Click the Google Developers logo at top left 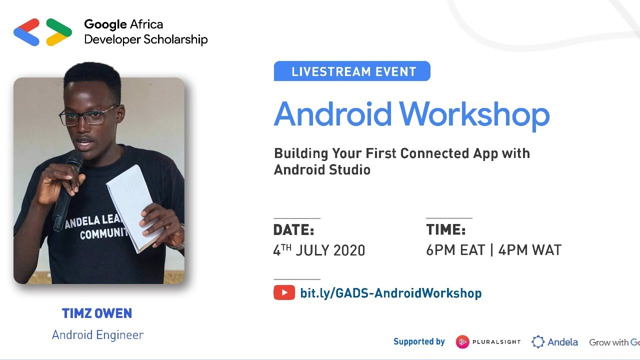coord(42,32)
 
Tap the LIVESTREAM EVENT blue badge coord(352,71)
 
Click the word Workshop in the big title coord(474,114)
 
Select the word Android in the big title coord(332,114)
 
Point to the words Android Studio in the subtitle coord(322,170)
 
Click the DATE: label coord(293,230)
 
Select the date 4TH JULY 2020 coord(319,250)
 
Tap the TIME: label coord(445,230)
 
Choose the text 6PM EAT coord(455,250)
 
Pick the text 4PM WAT coord(530,250)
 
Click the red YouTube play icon coord(284,292)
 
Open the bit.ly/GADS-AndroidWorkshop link coord(390,293)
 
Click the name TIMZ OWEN coord(97,313)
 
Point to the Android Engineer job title coord(97,334)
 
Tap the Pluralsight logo coord(488,342)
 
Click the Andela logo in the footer coord(554,342)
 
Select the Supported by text coord(419,341)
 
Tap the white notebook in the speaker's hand coord(131,205)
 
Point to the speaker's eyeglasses coord(88,116)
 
